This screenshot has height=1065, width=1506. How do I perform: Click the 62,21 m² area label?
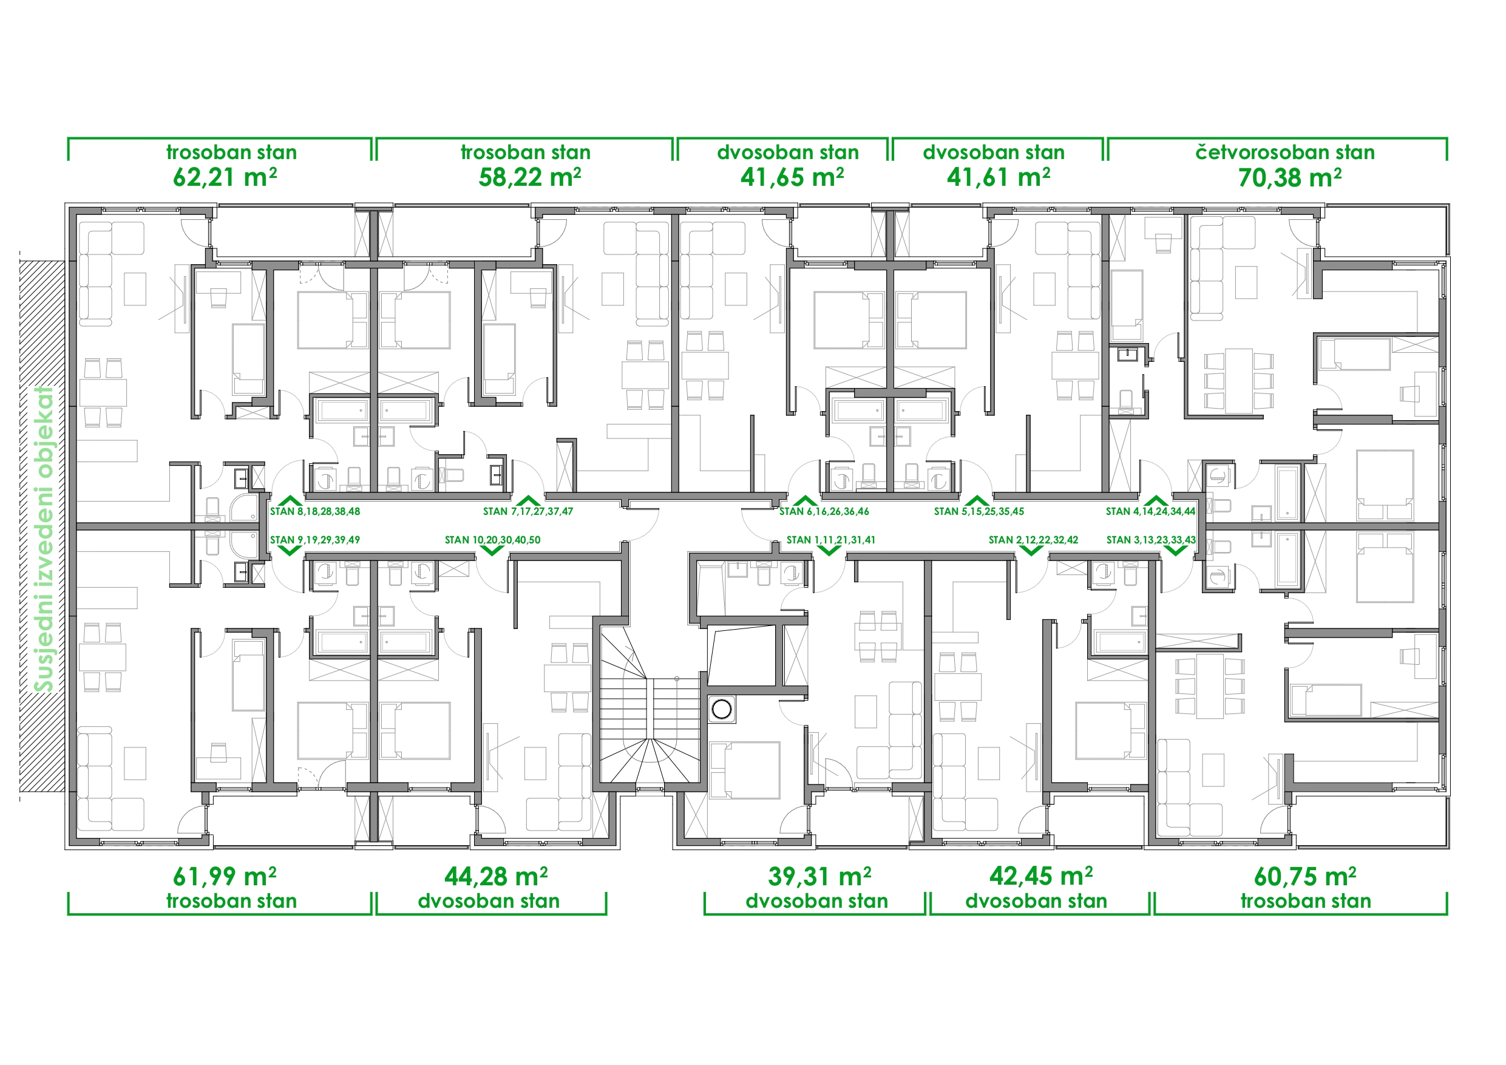[x=225, y=177]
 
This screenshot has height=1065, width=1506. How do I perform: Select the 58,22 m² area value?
[x=529, y=177]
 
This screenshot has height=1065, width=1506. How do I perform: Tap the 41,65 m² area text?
[x=792, y=177]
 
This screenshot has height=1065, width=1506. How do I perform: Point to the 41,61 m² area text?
[x=998, y=177]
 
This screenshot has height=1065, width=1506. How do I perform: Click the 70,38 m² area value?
[x=1289, y=177]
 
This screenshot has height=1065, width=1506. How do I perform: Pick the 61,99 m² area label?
[x=225, y=876]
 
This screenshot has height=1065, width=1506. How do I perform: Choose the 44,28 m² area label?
[x=496, y=876]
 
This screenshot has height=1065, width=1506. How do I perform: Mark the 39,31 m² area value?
[x=819, y=876]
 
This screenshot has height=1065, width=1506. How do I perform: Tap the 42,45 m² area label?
[x=1041, y=876]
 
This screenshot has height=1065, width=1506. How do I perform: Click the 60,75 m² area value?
[x=1305, y=876]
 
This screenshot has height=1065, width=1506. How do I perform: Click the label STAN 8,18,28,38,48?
[x=315, y=511]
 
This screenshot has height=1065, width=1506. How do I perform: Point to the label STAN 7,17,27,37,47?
[x=528, y=511]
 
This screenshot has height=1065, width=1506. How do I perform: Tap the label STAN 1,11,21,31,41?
[x=831, y=540]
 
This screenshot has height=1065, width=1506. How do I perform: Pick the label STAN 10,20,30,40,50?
[x=493, y=540]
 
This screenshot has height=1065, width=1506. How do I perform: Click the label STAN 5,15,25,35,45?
[x=979, y=511]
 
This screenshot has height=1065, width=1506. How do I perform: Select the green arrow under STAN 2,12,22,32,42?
[x=1031, y=551]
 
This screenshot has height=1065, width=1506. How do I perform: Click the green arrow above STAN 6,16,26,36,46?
[x=805, y=501]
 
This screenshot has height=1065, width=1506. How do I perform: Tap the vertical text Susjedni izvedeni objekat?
[x=44, y=539]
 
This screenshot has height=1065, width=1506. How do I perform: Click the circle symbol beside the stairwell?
[x=722, y=709]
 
